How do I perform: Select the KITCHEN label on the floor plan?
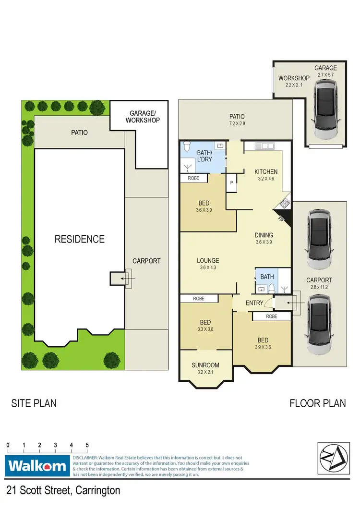(x=266, y=172)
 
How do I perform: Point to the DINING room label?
(x=264, y=235)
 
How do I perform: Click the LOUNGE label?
(x=208, y=261)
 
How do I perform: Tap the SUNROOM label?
(x=205, y=365)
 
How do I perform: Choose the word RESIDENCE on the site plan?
(x=79, y=239)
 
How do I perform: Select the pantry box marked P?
(x=231, y=182)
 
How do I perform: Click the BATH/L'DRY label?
(x=204, y=157)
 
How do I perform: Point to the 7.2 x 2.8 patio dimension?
(x=237, y=123)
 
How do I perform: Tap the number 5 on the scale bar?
(x=87, y=445)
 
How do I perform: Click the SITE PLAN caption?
(x=34, y=403)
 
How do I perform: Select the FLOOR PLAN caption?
(x=317, y=403)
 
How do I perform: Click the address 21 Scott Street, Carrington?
(x=63, y=490)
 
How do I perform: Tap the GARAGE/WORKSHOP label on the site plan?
(x=143, y=117)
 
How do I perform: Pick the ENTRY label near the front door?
(x=254, y=303)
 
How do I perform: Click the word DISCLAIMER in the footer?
(x=84, y=458)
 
